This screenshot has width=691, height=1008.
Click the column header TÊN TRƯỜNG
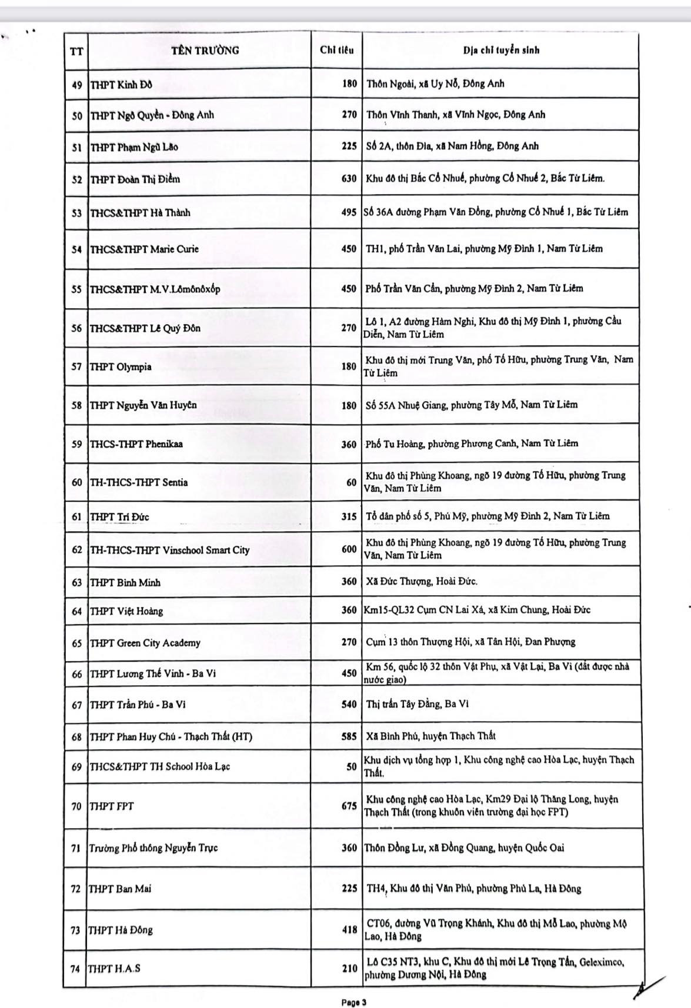tap(205, 50)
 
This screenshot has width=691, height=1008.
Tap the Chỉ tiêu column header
tap(336, 50)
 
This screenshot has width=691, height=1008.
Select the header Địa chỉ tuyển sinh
tap(501, 50)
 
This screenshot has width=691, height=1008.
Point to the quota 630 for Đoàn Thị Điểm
tap(349, 178)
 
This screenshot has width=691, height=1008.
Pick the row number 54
tap(76, 249)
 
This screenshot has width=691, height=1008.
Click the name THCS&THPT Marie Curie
tap(144, 249)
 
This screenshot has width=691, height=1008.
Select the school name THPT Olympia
tap(121, 367)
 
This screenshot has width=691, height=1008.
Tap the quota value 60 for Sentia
tap(351, 482)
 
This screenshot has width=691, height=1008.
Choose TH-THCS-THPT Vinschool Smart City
tap(169, 550)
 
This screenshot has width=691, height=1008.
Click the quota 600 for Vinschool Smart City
tap(349, 549)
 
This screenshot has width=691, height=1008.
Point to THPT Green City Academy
tap(145, 643)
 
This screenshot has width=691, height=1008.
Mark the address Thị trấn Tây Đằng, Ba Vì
tap(417, 704)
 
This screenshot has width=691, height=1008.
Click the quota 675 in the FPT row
tap(349, 806)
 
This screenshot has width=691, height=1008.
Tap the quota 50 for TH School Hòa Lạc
tap(351, 766)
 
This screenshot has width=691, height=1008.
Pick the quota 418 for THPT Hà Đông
tap(349, 929)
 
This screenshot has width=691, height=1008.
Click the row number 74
tap(75, 968)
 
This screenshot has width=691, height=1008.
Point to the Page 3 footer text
tap(354, 1002)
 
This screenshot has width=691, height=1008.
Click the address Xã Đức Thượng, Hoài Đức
tap(422, 581)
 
